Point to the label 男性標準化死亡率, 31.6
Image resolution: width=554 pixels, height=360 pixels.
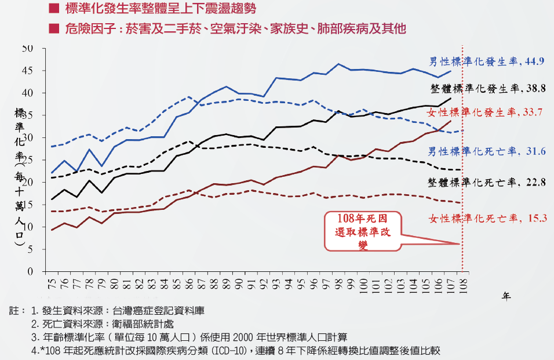click(479, 152)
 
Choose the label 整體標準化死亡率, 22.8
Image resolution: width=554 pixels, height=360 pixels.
click(479, 182)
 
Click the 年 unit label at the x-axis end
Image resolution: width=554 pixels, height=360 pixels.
click(506, 296)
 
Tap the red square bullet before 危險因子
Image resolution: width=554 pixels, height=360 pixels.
click(54, 28)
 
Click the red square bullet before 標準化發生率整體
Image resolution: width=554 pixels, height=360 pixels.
click(54, 8)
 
